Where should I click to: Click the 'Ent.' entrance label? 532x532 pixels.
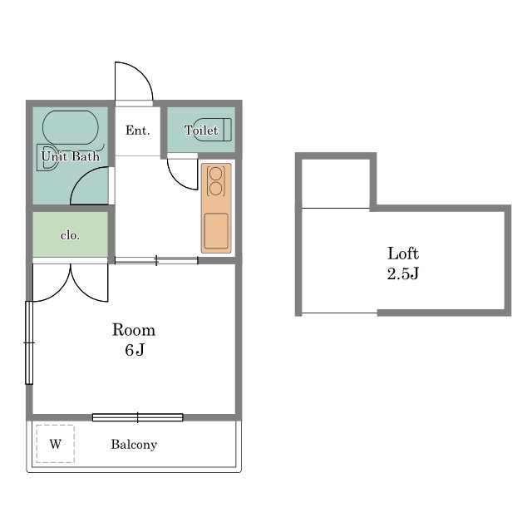click(x=137, y=131)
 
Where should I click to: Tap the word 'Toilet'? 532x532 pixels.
click(x=201, y=130)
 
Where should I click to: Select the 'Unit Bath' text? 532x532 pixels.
click(x=70, y=156)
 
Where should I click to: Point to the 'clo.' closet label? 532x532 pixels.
click(x=70, y=235)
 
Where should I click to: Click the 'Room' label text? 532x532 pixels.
click(x=134, y=330)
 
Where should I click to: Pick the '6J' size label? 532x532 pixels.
click(x=135, y=350)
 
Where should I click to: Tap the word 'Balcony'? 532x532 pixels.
click(x=134, y=445)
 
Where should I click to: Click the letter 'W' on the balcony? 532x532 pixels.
click(x=56, y=444)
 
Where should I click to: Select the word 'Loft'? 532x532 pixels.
click(x=403, y=254)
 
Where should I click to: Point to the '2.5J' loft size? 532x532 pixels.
click(x=403, y=273)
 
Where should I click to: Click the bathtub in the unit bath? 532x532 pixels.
click(x=70, y=127)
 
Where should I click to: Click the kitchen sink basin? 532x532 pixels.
click(x=216, y=231)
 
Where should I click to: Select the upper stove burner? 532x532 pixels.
click(x=216, y=174)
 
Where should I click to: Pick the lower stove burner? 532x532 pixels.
click(x=216, y=189)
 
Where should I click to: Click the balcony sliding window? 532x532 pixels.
click(x=138, y=417)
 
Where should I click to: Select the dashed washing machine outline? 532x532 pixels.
click(x=56, y=444)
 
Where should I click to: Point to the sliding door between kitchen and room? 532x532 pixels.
click(x=156, y=260)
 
